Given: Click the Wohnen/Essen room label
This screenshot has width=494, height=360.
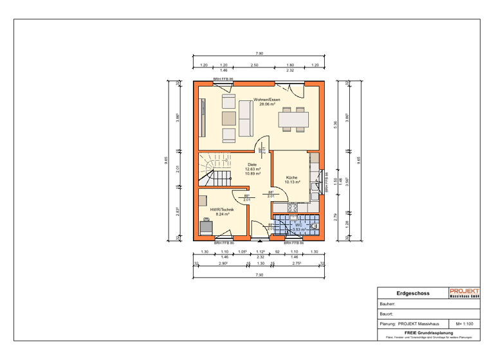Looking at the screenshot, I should pyautogui.click(x=266, y=100).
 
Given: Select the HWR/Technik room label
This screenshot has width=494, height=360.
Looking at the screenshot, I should pyautogui.click(x=222, y=210).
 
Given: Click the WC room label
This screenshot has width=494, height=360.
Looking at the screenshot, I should pyautogui.click(x=298, y=225).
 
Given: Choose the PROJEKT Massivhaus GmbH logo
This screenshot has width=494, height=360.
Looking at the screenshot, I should pyautogui.click(x=464, y=293).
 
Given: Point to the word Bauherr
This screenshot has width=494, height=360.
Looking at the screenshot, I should pyautogui.click(x=388, y=304).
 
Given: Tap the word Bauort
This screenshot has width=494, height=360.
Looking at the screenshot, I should pyautogui.click(x=387, y=314).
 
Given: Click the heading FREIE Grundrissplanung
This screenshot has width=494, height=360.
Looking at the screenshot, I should pyautogui.click(x=429, y=332).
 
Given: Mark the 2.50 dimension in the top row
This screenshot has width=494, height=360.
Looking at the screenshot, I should pyautogui.click(x=254, y=66).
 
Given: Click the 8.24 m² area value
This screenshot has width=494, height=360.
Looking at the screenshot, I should pyautogui.click(x=222, y=214).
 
